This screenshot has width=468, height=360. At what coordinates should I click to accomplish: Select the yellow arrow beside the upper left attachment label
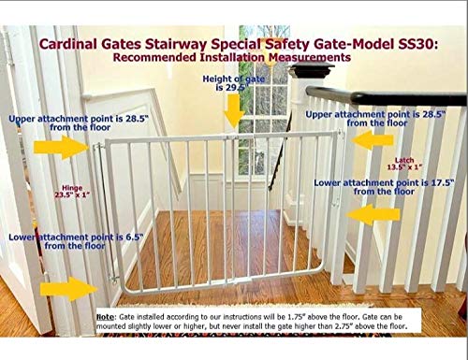pyautogui.click(x=54, y=149)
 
